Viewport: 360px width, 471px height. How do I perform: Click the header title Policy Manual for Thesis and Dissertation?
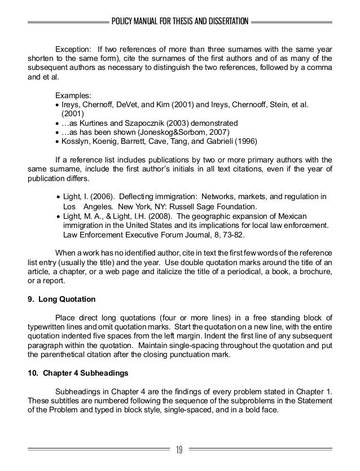pyautogui.click(x=180, y=22)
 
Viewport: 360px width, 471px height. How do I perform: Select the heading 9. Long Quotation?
pyautogui.click(x=62, y=298)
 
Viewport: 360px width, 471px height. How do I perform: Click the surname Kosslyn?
pyautogui.click(x=74, y=143)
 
